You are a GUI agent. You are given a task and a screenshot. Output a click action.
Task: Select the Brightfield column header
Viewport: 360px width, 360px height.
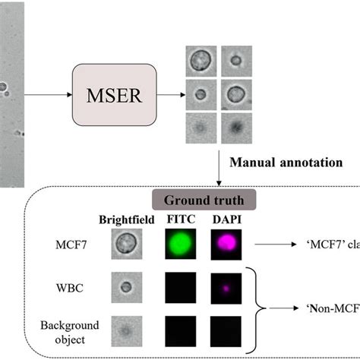(x=125, y=222)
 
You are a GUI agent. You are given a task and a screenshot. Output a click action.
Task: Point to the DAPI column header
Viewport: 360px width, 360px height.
(x=226, y=222)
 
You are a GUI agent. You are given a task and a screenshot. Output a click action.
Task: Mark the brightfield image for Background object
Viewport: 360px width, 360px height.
(x=125, y=332)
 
